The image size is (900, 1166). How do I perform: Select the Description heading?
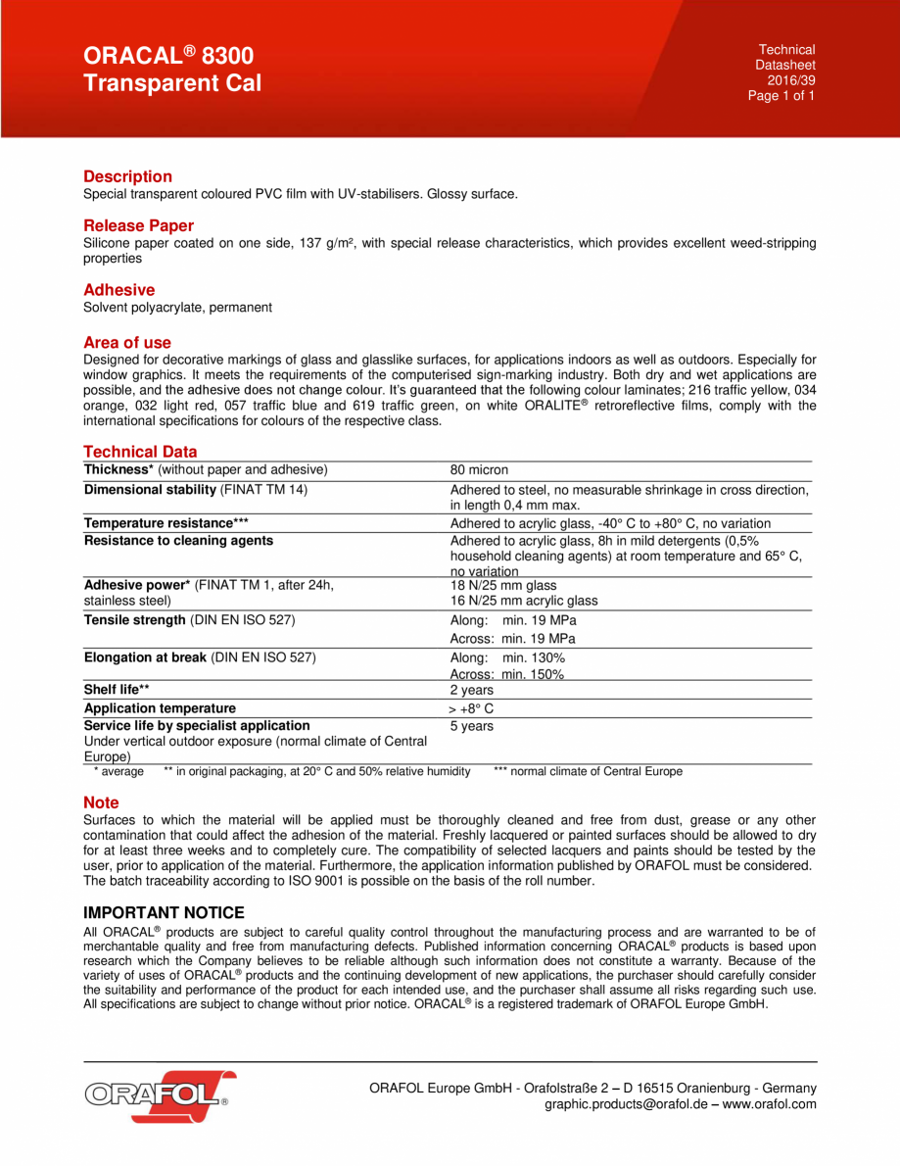(x=127, y=176)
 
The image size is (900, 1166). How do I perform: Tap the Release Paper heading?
(x=138, y=225)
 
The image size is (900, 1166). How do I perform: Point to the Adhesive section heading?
(x=118, y=290)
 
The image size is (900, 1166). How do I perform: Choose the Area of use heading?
(x=127, y=343)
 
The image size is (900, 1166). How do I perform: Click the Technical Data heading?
(x=140, y=452)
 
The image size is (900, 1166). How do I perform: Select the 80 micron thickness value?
(x=479, y=470)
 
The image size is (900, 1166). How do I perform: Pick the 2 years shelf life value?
(x=471, y=690)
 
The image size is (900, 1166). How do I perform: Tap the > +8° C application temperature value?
(x=471, y=707)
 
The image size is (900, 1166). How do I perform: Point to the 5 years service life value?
(x=471, y=726)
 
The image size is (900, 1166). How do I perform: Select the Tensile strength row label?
(x=134, y=620)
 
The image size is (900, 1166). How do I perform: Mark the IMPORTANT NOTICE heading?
(x=164, y=913)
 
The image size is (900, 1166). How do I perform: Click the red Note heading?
(x=101, y=802)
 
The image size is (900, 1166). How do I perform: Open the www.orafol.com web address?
(x=770, y=1104)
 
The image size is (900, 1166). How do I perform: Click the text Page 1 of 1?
(x=781, y=96)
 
